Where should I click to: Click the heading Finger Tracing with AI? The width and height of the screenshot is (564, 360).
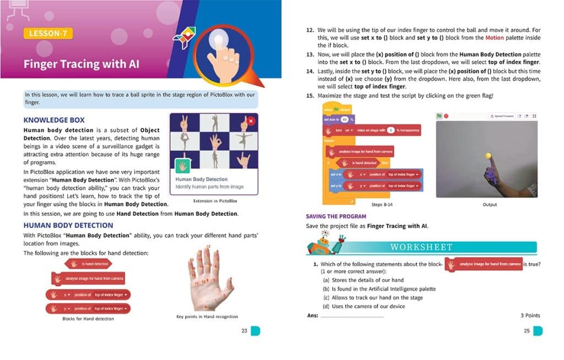coord(81,64)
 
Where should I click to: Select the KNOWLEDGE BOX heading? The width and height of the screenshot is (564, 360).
coord(54,119)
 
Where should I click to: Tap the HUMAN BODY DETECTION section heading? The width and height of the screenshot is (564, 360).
coord(68,225)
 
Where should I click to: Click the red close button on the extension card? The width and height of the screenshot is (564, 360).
coord(251,121)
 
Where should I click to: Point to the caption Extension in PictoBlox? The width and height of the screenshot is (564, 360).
coord(215,201)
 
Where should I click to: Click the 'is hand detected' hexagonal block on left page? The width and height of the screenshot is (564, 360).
coord(89,264)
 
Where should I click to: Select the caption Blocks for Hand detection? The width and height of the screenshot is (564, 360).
coord(88,319)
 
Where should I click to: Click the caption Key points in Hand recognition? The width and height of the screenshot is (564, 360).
coord(207,317)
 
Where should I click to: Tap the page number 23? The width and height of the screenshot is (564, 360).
coord(244,331)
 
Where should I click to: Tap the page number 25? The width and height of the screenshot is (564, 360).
coord(527,331)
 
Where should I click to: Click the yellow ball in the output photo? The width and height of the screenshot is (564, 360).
coord(487,156)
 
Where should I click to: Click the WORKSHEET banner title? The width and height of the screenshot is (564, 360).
coord(421,247)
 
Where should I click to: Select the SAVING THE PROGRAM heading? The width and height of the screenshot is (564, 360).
coord(336,216)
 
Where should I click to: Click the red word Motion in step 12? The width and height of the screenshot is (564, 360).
coord(494,38)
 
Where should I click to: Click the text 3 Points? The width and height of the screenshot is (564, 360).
coord(530,315)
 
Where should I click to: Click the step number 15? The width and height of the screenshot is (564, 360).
coord(310,96)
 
